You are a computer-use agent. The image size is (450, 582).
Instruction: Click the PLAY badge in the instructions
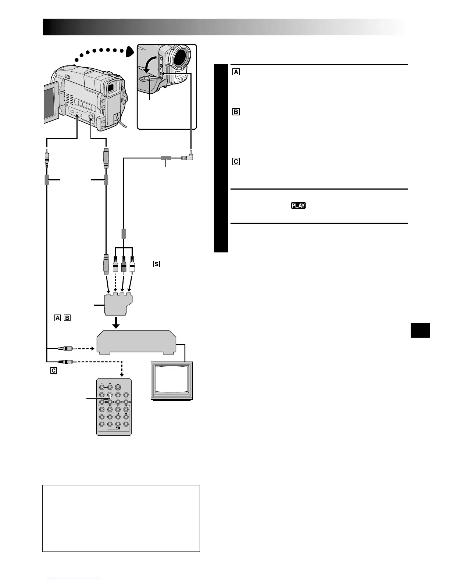(x=298, y=205)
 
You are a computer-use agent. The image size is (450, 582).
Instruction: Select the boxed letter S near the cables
(x=157, y=264)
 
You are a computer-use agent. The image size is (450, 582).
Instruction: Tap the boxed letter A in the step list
(x=236, y=72)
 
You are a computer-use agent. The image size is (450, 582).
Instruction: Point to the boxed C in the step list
(x=236, y=161)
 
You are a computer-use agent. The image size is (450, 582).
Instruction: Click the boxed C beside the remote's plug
(x=54, y=370)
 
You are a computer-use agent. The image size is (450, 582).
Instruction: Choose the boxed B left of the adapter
(x=67, y=318)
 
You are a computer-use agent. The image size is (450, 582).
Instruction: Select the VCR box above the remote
(x=136, y=342)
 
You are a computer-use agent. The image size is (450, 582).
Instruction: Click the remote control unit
(x=114, y=407)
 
